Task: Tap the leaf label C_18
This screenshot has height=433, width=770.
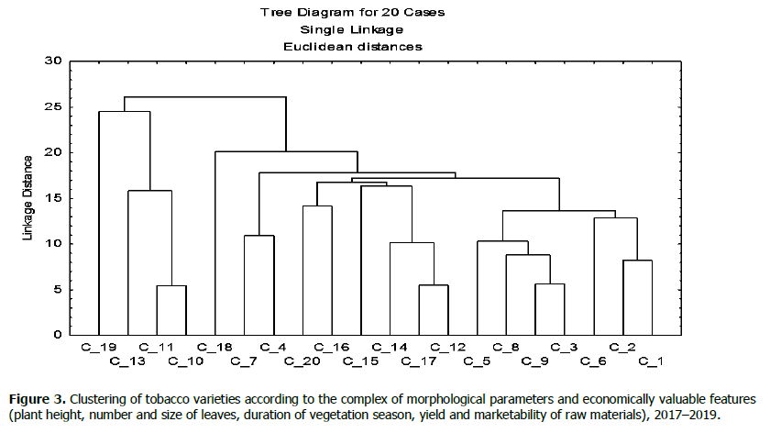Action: (x=214, y=347)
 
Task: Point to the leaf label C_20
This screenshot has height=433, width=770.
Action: (x=302, y=361)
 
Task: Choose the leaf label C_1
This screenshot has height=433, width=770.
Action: (x=651, y=361)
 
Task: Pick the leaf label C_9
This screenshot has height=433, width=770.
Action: (x=534, y=361)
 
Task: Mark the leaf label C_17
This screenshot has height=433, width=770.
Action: (x=419, y=361)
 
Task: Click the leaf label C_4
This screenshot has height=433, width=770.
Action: (x=273, y=347)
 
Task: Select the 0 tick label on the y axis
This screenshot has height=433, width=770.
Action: (x=57, y=335)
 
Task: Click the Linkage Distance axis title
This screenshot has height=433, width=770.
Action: (x=28, y=198)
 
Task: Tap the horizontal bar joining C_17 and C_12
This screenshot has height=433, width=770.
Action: (x=434, y=285)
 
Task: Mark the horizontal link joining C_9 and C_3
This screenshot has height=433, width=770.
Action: (x=550, y=284)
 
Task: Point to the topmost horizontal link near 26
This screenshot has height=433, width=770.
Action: (x=205, y=97)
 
